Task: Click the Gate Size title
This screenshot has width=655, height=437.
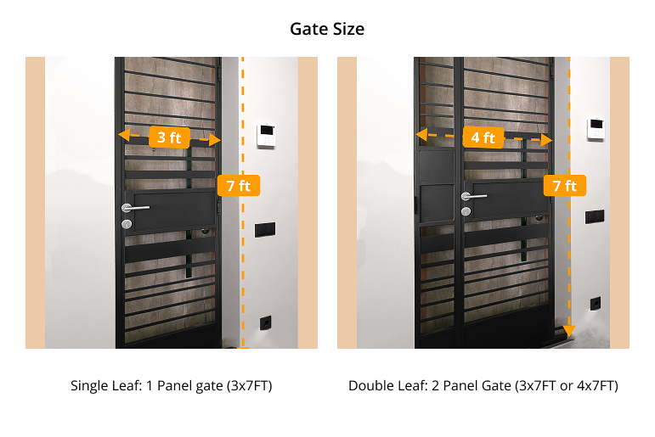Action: pyautogui.click(x=327, y=29)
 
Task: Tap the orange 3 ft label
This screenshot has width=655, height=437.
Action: pyautogui.click(x=169, y=137)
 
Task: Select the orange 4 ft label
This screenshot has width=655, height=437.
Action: pyautogui.click(x=483, y=137)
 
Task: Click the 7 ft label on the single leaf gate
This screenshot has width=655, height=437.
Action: pyautogui.click(x=239, y=185)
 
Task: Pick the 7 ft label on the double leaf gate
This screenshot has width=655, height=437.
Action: pyautogui.click(x=565, y=185)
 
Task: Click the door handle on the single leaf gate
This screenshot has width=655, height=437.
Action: pyautogui.click(x=134, y=207)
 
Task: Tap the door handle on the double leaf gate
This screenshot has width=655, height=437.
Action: pyautogui.click(x=473, y=196)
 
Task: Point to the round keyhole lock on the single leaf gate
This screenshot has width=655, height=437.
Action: pyautogui.click(x=127, y=224)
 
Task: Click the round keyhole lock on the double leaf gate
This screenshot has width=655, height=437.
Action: pyautogui.click(x=466, y=211)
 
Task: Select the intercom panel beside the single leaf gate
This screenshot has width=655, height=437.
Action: pyautogui.click(x=266, y=135)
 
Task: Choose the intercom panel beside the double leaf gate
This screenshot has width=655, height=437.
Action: pyautogui.click(x=596, y=128)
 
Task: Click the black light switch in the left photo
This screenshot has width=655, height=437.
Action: pyautogui.click(x=265, y=230)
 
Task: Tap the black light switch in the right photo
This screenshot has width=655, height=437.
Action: pyautogui.click(x=595, y=216)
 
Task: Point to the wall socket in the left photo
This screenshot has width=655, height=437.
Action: pyautogui.click(x=265, y=322)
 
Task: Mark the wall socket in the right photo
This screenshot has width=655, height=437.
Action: pyautogui.click(x=596, y=304)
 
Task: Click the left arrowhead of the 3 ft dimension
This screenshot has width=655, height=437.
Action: pyautogui.click(x=124, y=135)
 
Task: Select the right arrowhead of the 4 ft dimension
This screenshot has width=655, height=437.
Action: pyautogui.click(x=547, y=140)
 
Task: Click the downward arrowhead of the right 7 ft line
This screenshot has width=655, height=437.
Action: pyautogui.click(x=569, y=331)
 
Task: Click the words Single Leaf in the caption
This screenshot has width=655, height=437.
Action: pyautogui.click(x=104, y=385)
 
